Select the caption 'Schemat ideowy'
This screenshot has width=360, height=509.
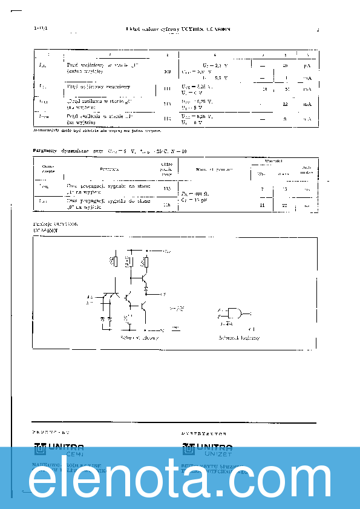pos(140,338)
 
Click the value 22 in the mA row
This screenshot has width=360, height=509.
pos(284,104)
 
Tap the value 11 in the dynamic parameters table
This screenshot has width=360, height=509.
pos(262,205)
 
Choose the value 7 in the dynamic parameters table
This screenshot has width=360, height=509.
pos(262,189)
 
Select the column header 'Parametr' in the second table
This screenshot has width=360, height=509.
pos(109,169)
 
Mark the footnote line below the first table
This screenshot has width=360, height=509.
pos(97,130)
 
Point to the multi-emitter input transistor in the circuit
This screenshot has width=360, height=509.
pos(110,297)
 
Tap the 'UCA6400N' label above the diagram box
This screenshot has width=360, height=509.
pos(45,231)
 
